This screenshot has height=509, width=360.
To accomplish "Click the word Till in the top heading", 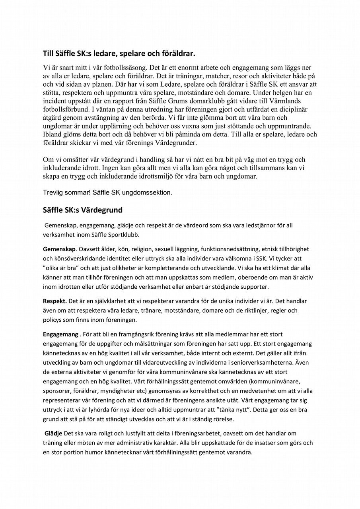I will click(49, 53).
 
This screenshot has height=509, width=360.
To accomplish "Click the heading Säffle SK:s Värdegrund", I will click(82, 210).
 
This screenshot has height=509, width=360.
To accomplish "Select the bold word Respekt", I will click(55, 301).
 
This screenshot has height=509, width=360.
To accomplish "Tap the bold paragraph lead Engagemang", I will click(60, 334).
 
